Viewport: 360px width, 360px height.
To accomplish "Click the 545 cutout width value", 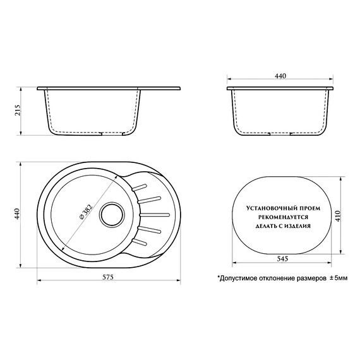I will coord(282,258).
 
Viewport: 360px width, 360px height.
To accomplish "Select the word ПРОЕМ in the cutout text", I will coord(307,208).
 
